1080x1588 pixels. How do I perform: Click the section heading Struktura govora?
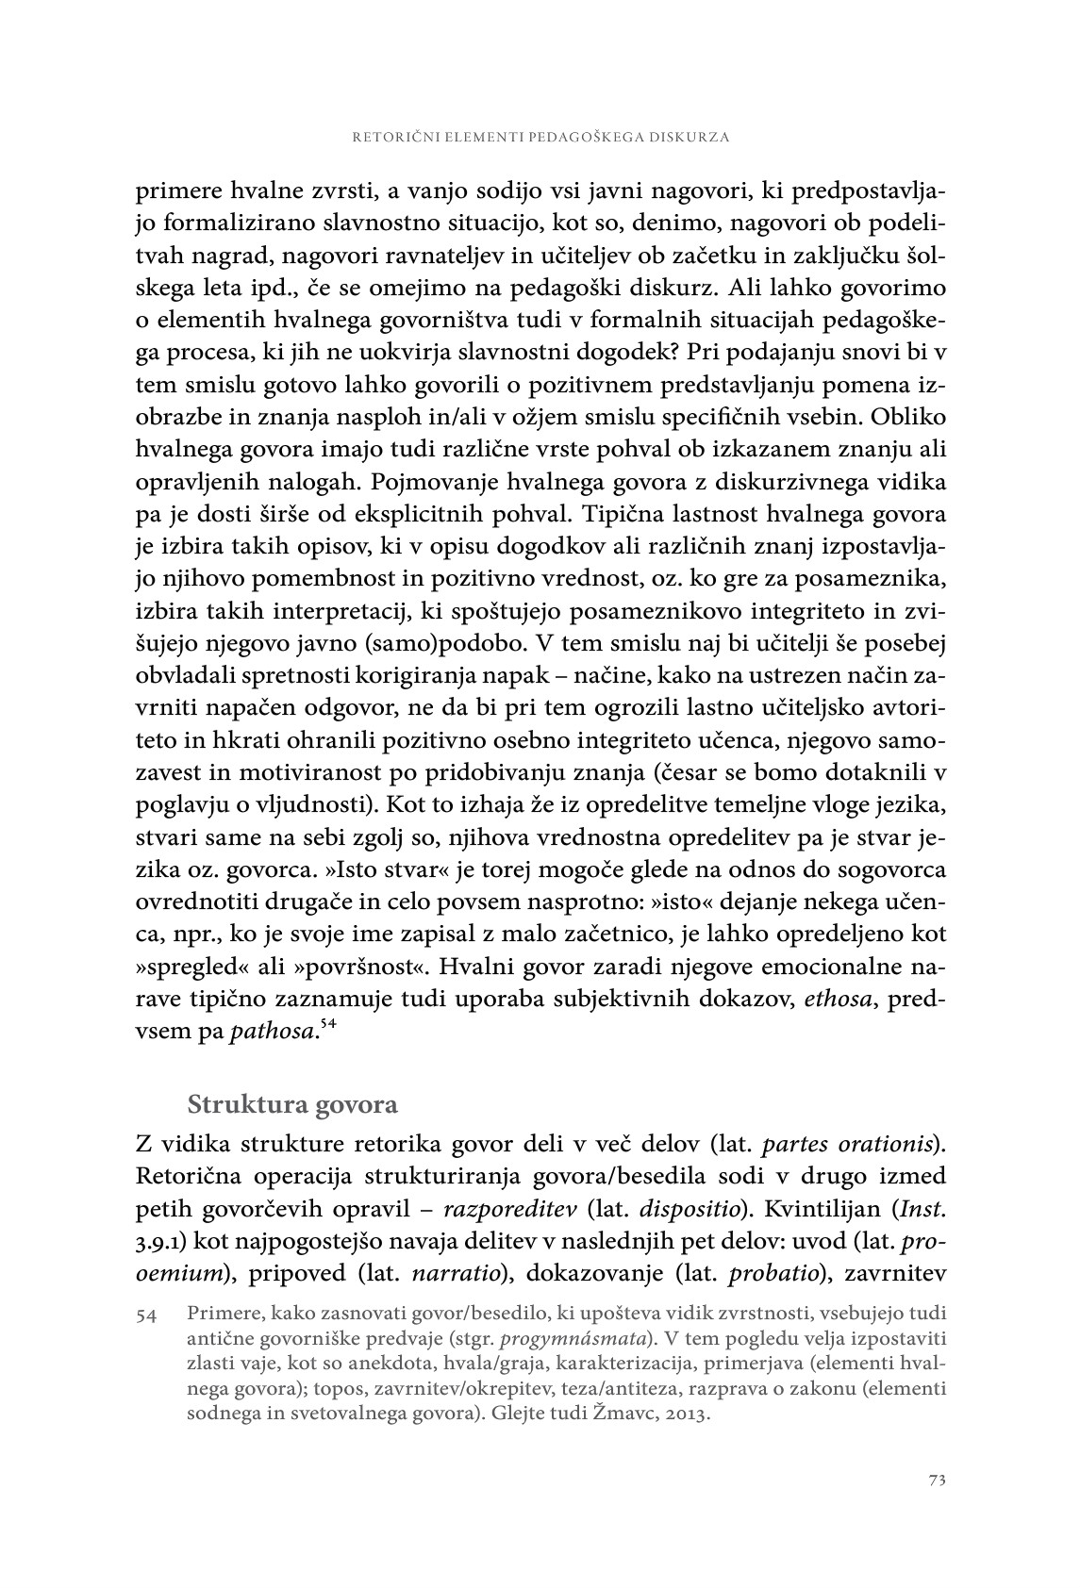292,1103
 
